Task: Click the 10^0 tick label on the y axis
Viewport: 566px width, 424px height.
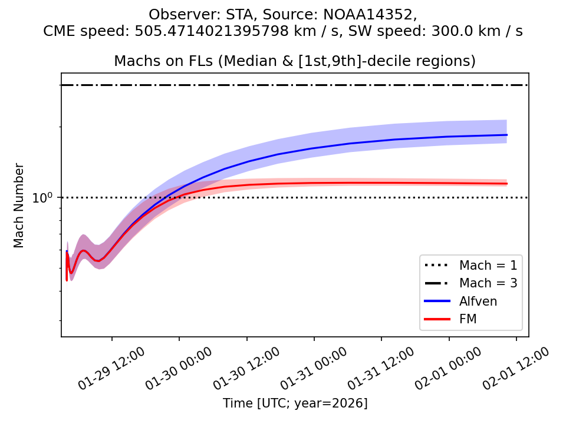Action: coord(43,198)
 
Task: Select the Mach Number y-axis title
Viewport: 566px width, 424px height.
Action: coord(19,206)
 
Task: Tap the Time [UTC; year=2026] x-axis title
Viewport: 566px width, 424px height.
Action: coord(295,403)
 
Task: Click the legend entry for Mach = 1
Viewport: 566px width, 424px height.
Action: coord(488,264)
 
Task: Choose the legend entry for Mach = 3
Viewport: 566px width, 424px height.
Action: coord(488,283)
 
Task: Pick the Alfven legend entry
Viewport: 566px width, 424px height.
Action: coord(478,301)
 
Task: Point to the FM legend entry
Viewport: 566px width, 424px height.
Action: coord(468,319)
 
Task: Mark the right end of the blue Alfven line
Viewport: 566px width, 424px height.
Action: coord(507,135)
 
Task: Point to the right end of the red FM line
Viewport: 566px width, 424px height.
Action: coord(507,184)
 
